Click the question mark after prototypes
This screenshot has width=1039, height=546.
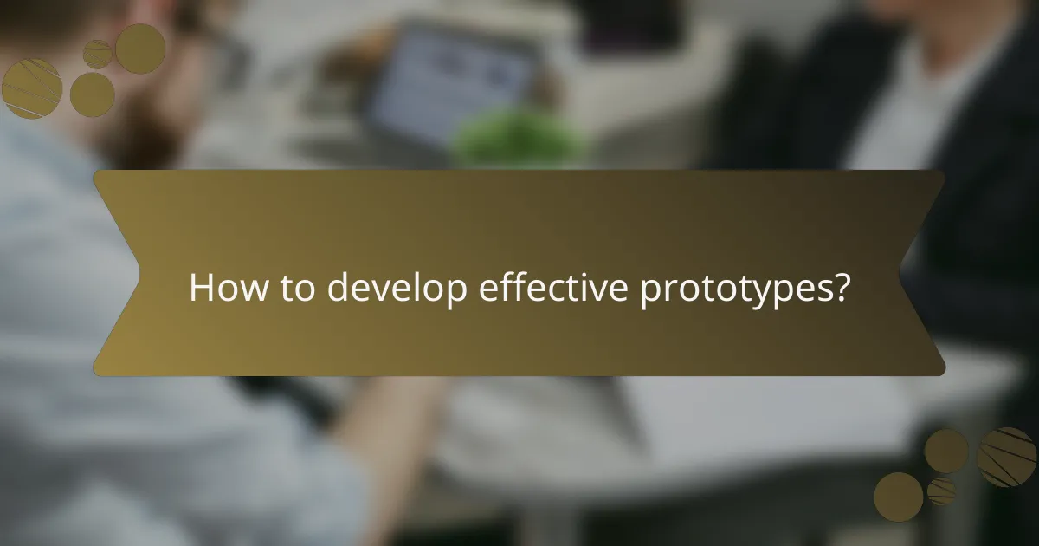(837, 289)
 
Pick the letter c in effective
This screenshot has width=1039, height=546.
(563, 290)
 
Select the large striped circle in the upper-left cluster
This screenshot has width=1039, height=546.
(32, 88)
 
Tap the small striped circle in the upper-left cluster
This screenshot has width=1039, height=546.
(97, 54)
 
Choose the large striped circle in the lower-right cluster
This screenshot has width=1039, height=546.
(1007, 457)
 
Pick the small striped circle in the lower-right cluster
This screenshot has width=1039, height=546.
(941, 491)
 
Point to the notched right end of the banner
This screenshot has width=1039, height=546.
(926, 273)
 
